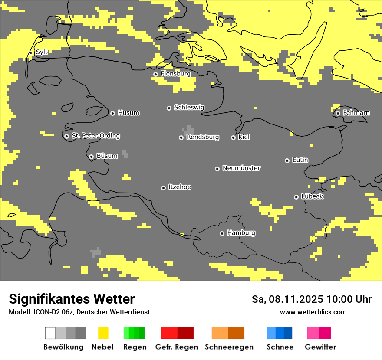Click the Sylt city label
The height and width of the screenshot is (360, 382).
coord(42,52)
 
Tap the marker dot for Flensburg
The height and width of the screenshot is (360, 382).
coord(155,74)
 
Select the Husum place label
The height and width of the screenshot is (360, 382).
coord(128,113)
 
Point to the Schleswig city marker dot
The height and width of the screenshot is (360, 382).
coord(169,108)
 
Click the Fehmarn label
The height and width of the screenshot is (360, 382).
coord(356,113)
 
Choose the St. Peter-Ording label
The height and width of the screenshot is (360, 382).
coord(95,136)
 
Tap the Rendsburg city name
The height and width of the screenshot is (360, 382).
coord(202,137)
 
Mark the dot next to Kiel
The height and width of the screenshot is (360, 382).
coord(233,137)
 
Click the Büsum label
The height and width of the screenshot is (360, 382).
coord(107,156)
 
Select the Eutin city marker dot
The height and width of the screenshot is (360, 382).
coord(287,160)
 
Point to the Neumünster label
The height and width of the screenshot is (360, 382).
coord(241,168)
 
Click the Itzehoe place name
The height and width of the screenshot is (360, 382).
coord(180,187)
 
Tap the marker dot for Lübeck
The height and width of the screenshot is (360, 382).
coord(296,197)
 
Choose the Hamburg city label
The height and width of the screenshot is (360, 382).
coord(241,233)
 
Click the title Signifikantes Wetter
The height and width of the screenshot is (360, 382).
coord(72,299)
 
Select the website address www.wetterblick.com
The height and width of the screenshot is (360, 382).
coord(313,312)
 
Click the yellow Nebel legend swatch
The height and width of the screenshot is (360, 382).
coord(103,333)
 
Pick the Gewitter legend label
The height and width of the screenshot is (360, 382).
coord(320,347)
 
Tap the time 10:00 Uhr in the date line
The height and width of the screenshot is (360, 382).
coord(349,299)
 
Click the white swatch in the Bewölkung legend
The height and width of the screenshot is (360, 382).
coord(50,333)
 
